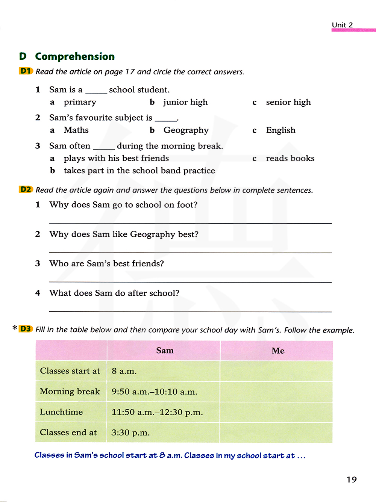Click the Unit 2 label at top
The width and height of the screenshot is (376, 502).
(342, 25)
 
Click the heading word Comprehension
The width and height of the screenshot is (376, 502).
(75, 56)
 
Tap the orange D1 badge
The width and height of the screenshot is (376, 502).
(26, 71)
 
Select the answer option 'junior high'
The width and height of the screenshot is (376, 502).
(185, 102)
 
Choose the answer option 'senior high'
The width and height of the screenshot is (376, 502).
(288, 102)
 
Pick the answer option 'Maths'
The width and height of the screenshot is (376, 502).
(76, 130)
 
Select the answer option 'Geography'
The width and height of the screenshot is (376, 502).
(186, 130)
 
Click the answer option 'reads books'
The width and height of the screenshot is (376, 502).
(290, 158)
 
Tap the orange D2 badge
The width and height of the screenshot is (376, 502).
(26, 189)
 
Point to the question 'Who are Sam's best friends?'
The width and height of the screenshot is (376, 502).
(106, 263)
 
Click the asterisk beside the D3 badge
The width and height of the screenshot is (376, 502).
(15, 328)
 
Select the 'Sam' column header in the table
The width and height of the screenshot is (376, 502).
(165, 351)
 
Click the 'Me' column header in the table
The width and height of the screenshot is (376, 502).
(278, 351)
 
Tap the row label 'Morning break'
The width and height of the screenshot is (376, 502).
(70, 392)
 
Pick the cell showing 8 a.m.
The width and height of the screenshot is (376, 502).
(124, 371)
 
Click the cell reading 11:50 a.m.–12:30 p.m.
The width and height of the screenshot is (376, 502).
(157, 412)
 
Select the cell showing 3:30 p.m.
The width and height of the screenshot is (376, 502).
(130, 432)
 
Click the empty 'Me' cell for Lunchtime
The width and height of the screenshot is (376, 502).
(276, 412)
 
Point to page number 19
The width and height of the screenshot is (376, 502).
(352, 479)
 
